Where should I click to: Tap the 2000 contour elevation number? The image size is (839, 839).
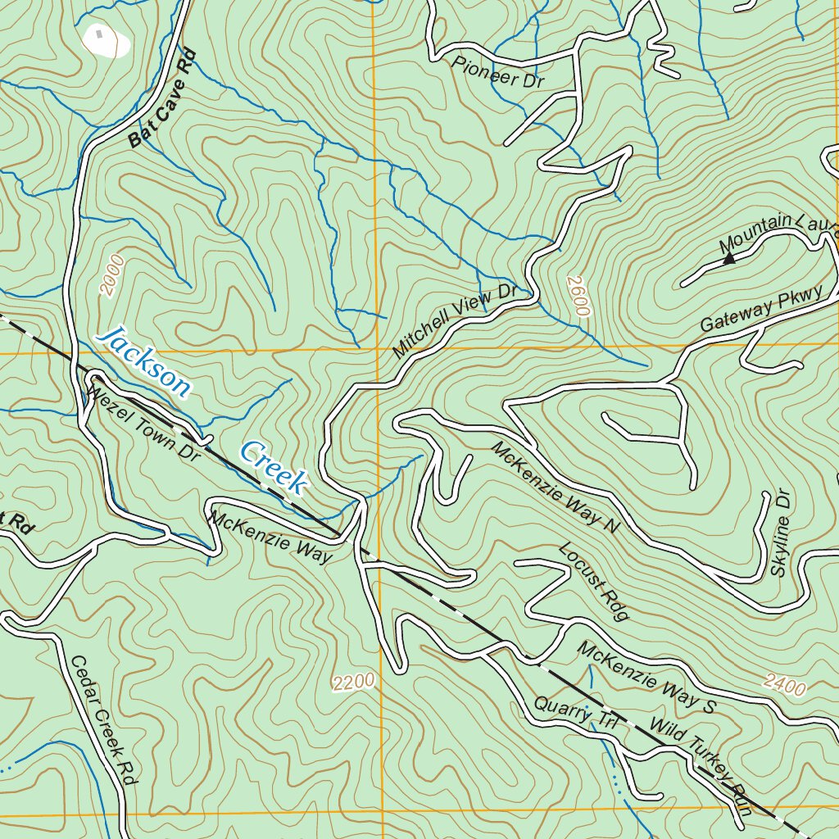tap(112, 274)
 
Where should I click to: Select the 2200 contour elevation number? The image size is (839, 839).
tap(354, 681)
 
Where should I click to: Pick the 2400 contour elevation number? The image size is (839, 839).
tap(784, 685)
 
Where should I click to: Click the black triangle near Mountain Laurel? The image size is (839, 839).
tap(728, 259)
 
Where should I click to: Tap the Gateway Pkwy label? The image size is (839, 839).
tap(761, 311)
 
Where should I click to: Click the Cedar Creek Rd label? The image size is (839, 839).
tap(102, 720)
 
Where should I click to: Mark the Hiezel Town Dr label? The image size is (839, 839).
tap(144, 425)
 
